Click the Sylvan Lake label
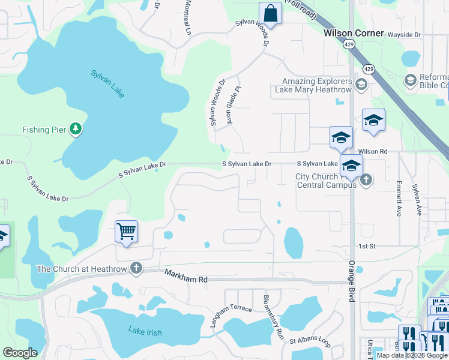108,83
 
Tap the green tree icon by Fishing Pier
76,128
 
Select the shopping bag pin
270,13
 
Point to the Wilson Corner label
354,34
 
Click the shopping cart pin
126,231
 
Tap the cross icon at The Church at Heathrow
137,268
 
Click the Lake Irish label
145,331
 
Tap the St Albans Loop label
310,341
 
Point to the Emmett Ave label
399,199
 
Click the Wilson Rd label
372,152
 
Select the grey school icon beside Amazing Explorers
361,84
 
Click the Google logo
20,352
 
